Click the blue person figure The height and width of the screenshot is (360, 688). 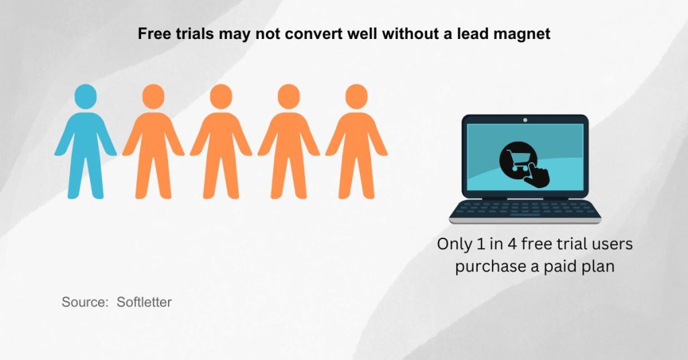pyautogui.click(x=85, y=144)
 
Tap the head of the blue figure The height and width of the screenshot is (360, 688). pyautogui.click(x=85, y=96)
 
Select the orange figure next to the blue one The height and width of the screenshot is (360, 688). pyautogui.click(x=153, y=144)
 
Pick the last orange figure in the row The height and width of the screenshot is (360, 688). pyautogui.click(x=356, y=144)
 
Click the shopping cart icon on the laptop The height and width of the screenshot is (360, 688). pyautogui.click(x=517, y=161)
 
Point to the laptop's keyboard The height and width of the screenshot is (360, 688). pyautogui.click(x=525, y=209)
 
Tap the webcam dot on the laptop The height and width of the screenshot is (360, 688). pyautogui.click(x=525, y=120)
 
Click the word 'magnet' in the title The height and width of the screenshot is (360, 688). pyautogui.click(x=522, y=34)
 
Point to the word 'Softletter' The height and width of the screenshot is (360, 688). pyautogui.click(x=144, y=302)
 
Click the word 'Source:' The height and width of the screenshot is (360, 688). pyautogui.click(x=85, y=302)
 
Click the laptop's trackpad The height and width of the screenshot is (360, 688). pyautogui.click(x=525, y=219)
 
